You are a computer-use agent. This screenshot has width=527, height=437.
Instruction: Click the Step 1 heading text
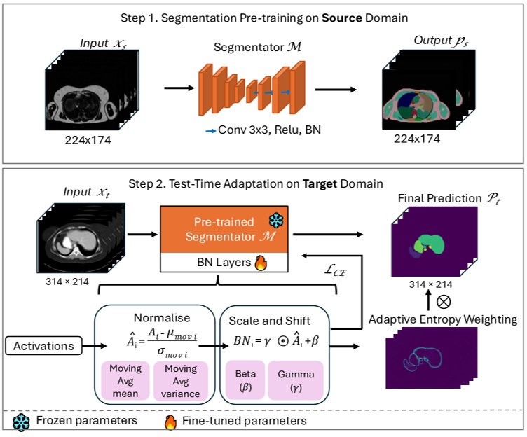tap(263, 16)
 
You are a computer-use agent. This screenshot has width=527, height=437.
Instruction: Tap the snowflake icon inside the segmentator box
tap(275, 218)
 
